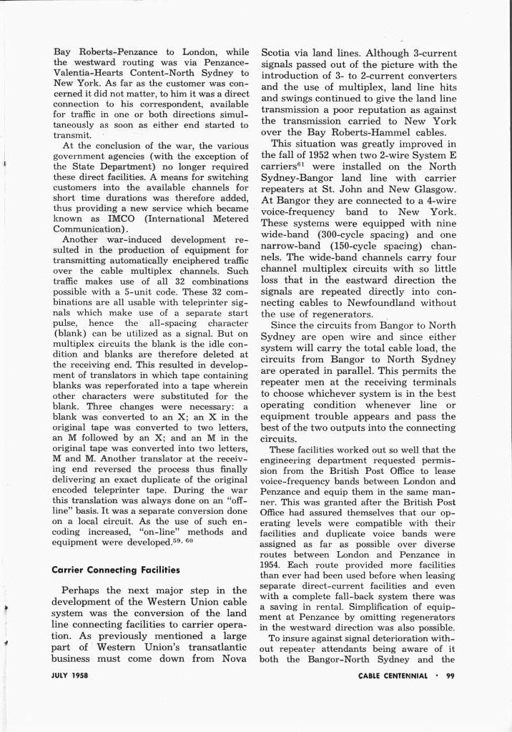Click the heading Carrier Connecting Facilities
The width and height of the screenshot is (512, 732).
pyautogui.click(x=114, y=570)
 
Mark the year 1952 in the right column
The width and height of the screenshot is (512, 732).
pyautogui.click(x=313, y=155)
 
